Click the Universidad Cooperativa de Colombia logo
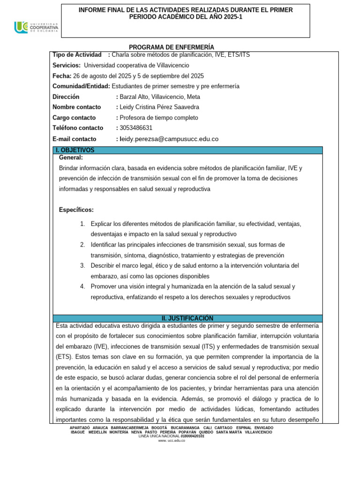(36, 28)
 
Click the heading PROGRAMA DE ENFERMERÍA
(171, 47)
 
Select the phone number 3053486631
(136, 128)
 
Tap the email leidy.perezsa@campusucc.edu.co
(169, 139)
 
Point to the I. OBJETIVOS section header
(75, 150)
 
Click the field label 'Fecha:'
(62, 76)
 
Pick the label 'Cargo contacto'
(74, 118)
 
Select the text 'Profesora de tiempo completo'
(159, 118)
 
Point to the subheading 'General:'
(71, 158)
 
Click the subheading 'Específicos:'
(76, 210)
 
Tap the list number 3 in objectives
(82, 266)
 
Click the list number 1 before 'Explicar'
(82, 224)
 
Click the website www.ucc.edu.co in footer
(172, 441)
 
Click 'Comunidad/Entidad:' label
(82, 86)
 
